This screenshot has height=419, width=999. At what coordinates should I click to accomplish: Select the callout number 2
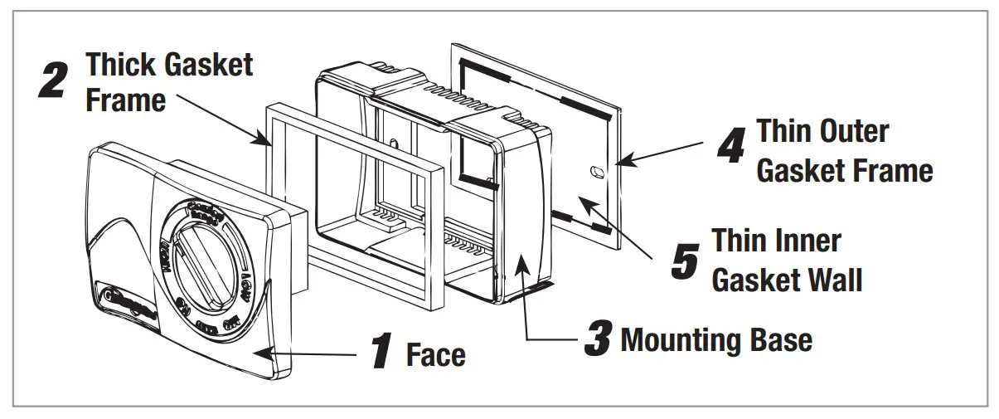pos(55,80)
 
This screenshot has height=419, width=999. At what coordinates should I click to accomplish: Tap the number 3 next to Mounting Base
pos(598,339)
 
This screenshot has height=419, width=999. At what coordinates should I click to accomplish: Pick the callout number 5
pos(685,260)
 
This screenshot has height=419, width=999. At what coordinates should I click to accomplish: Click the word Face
pos(435,355)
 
